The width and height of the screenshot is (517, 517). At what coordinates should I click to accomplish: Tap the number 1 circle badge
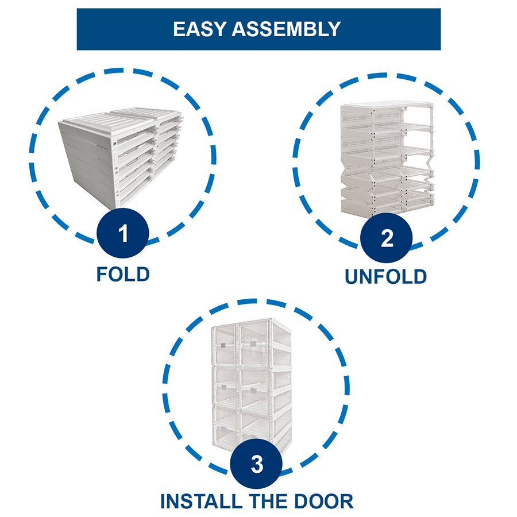tap(123, 234)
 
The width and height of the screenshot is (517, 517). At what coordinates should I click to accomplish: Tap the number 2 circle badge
tap(387, 238)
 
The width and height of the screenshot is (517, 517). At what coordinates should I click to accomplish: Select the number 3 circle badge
tap(257, 464)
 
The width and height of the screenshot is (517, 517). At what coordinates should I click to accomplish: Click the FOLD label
tap(123, 274)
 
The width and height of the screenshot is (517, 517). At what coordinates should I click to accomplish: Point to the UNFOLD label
tap(386, 276)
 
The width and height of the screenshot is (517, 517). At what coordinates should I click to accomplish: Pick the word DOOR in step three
tap(323, 500)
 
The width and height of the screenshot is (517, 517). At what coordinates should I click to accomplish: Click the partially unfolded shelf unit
tap(386, 158)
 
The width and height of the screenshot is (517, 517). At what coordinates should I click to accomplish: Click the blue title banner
tap(258, 29)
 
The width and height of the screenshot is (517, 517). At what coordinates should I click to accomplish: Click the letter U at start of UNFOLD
tap(352, 276)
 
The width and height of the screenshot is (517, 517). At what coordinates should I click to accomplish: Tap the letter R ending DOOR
tap(346, 500)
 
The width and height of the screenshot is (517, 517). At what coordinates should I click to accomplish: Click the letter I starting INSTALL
tap(164, 500)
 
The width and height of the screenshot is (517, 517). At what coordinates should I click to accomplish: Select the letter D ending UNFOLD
tap(419, 276)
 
